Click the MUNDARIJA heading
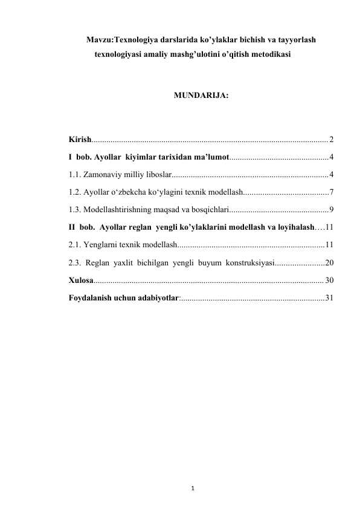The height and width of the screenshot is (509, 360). pyautogui.click(x=201, y=96)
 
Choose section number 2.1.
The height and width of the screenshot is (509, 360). pyautogui.click(x=75, y=245)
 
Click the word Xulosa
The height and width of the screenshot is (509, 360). pyautogui.click(x=80, y=280)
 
